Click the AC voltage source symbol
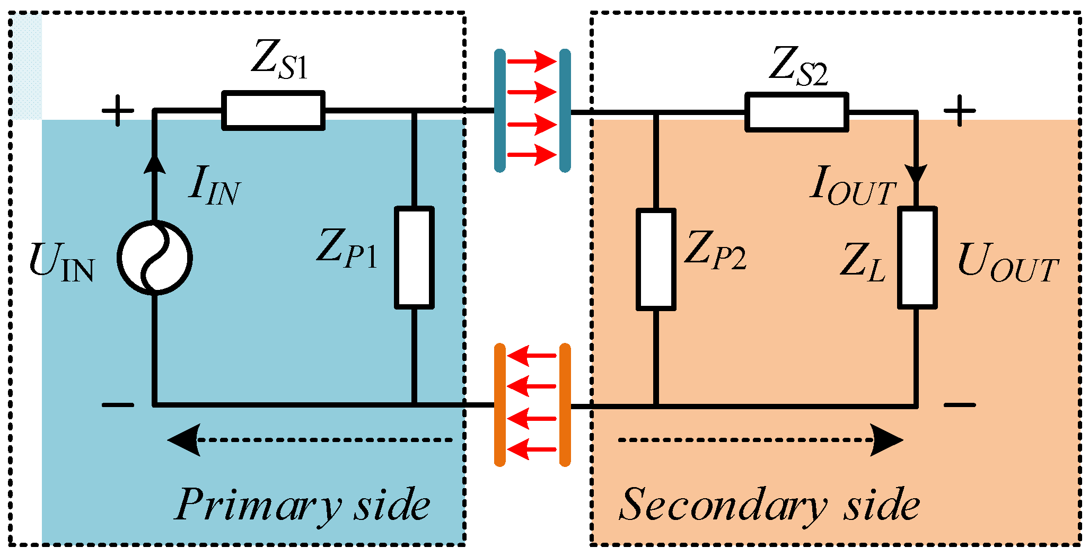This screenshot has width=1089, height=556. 154,258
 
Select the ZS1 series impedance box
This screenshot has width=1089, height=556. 273,110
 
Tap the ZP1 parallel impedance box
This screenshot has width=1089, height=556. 414,258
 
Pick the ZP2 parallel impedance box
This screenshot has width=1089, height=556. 656,259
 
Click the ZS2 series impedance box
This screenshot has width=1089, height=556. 796,112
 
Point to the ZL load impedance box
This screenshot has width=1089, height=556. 917,258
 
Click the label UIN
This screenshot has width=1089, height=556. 62,263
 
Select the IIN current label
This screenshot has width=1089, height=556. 214,186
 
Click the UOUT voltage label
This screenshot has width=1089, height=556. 1007,263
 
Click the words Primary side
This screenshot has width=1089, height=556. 302,505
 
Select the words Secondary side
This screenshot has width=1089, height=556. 769,505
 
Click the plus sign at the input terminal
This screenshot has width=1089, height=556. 118,111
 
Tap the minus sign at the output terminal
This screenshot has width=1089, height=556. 960,405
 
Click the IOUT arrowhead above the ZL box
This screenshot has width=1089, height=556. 916,174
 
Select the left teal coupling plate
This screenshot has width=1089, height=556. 500,110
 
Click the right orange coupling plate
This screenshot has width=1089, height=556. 565,405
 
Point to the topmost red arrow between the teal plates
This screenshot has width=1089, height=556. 532,61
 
